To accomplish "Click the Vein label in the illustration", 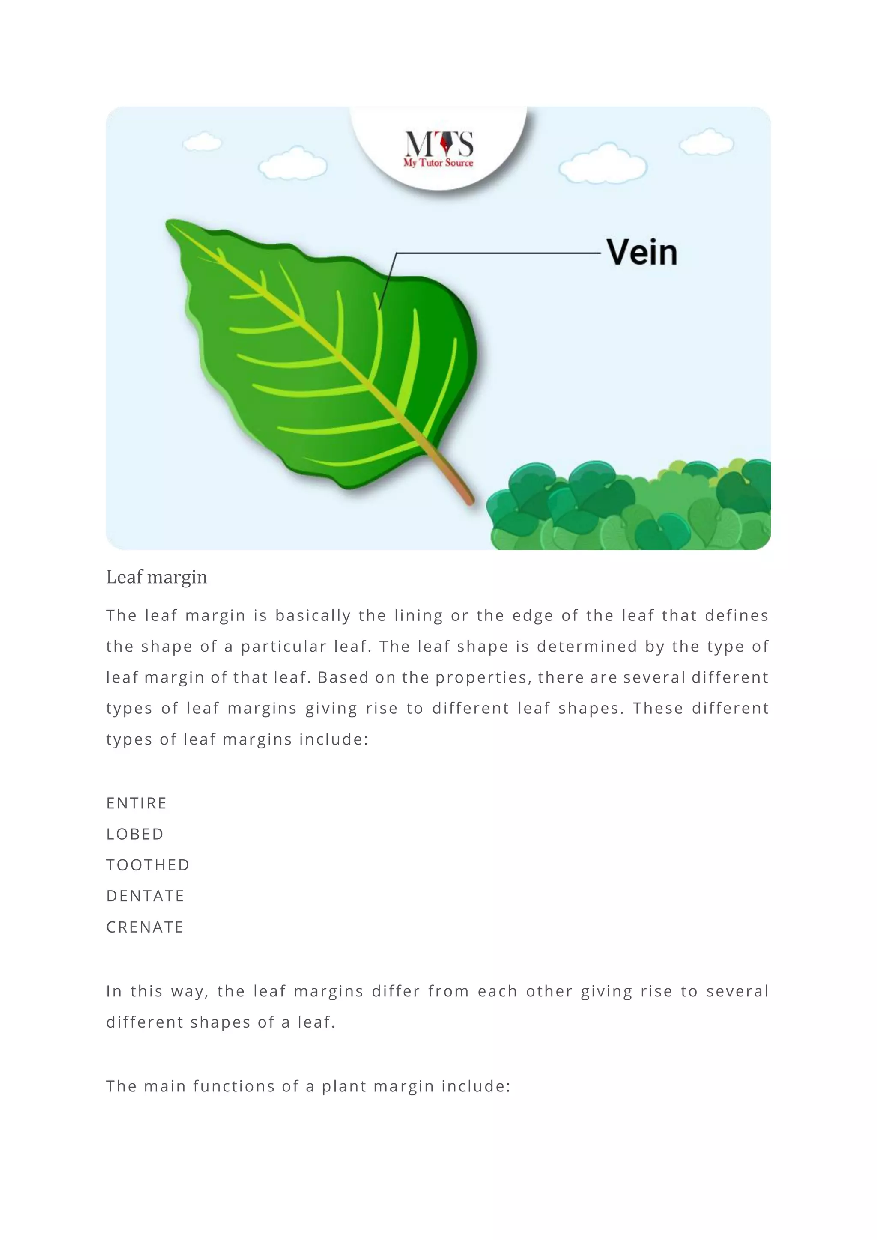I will pyautogui.click(x=641, y=252).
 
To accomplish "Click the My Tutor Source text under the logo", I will pyautogui.click(x=438, y=163).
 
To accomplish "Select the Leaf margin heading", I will pyautogui.click(x=157, y=577).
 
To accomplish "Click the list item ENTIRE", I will pyautogui.click(x=137, y=803).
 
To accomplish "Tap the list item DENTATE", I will pyautogui.click(x=145, y=896).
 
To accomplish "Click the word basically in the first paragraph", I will pyautogui.click(x=313, y=616).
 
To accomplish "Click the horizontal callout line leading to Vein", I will pyautogui.click(x=497, y=253).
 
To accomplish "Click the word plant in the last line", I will pyautogui.click(x=344, y=1087).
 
